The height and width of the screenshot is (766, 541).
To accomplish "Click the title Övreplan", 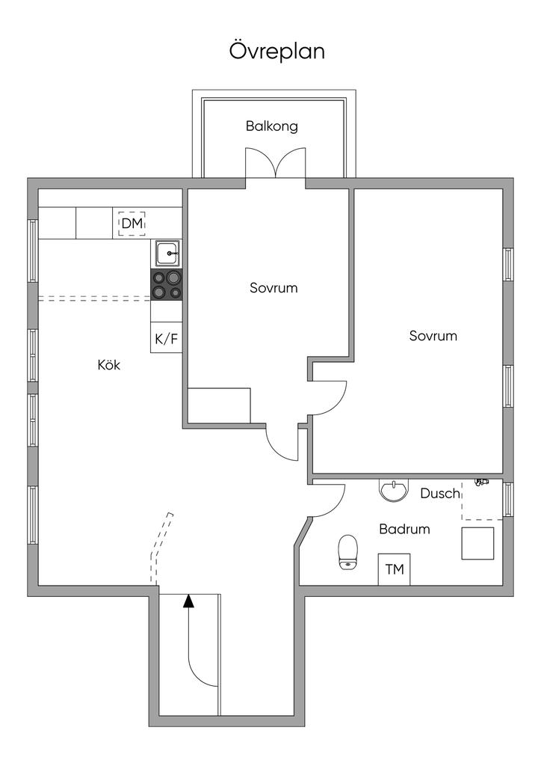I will [276, 52].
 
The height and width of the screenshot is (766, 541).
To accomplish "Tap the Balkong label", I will [272, 126].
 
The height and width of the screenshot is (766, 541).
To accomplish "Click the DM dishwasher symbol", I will [132, 223].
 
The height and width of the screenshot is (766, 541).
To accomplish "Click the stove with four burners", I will [168, 284].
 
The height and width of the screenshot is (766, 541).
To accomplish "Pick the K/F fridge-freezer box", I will [167, 338].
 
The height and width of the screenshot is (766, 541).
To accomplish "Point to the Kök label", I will [109, 365].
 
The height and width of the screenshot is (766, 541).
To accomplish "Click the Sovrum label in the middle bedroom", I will [273, 287].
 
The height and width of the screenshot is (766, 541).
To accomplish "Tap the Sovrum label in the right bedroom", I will [433, 336].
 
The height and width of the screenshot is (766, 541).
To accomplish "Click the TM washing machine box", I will [394, 569].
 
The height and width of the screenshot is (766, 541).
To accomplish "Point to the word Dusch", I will [439, 494].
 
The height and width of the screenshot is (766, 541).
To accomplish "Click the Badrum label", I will [404, 529].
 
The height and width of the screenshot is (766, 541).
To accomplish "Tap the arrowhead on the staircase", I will [188, 599].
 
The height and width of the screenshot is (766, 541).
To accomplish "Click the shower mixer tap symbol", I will [480, 482].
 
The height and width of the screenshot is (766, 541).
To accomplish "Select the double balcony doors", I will [276, 165].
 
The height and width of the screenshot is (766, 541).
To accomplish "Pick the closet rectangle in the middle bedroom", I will [219, 405].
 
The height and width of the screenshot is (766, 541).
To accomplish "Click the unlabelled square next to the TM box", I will [477, 543].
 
